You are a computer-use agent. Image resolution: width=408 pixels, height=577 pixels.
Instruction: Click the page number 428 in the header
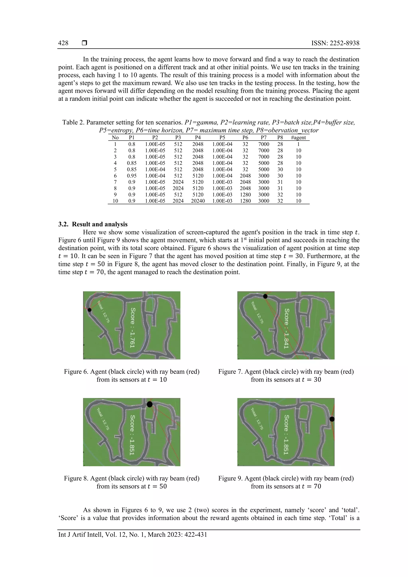[63, 43]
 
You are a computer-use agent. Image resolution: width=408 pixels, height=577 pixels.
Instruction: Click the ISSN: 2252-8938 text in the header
[335, 43]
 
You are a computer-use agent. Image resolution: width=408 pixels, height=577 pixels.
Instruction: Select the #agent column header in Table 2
[298, 137]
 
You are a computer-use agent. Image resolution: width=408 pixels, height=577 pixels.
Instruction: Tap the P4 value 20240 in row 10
[198, 201]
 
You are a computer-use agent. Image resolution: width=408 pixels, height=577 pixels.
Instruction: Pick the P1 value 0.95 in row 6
[132, 176]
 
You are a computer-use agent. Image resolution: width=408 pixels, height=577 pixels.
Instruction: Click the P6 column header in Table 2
[245, 137]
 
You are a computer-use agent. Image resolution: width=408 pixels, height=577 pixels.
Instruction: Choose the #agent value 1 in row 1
[298, 144]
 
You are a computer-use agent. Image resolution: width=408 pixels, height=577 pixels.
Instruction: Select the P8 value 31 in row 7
[280, 182]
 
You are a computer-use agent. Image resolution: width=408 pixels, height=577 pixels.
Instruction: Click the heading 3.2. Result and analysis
[93, 224]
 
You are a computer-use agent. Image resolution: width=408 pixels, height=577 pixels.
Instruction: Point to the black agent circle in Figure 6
[89, 310]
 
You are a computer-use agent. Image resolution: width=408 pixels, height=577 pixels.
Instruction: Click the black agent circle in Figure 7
[265, 296]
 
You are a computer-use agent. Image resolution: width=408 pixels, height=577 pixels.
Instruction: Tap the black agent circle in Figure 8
[150, 404]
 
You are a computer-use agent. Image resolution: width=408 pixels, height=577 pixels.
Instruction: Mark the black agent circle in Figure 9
[332, 419]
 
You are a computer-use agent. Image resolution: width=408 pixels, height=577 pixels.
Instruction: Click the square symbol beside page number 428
[84, 43]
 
